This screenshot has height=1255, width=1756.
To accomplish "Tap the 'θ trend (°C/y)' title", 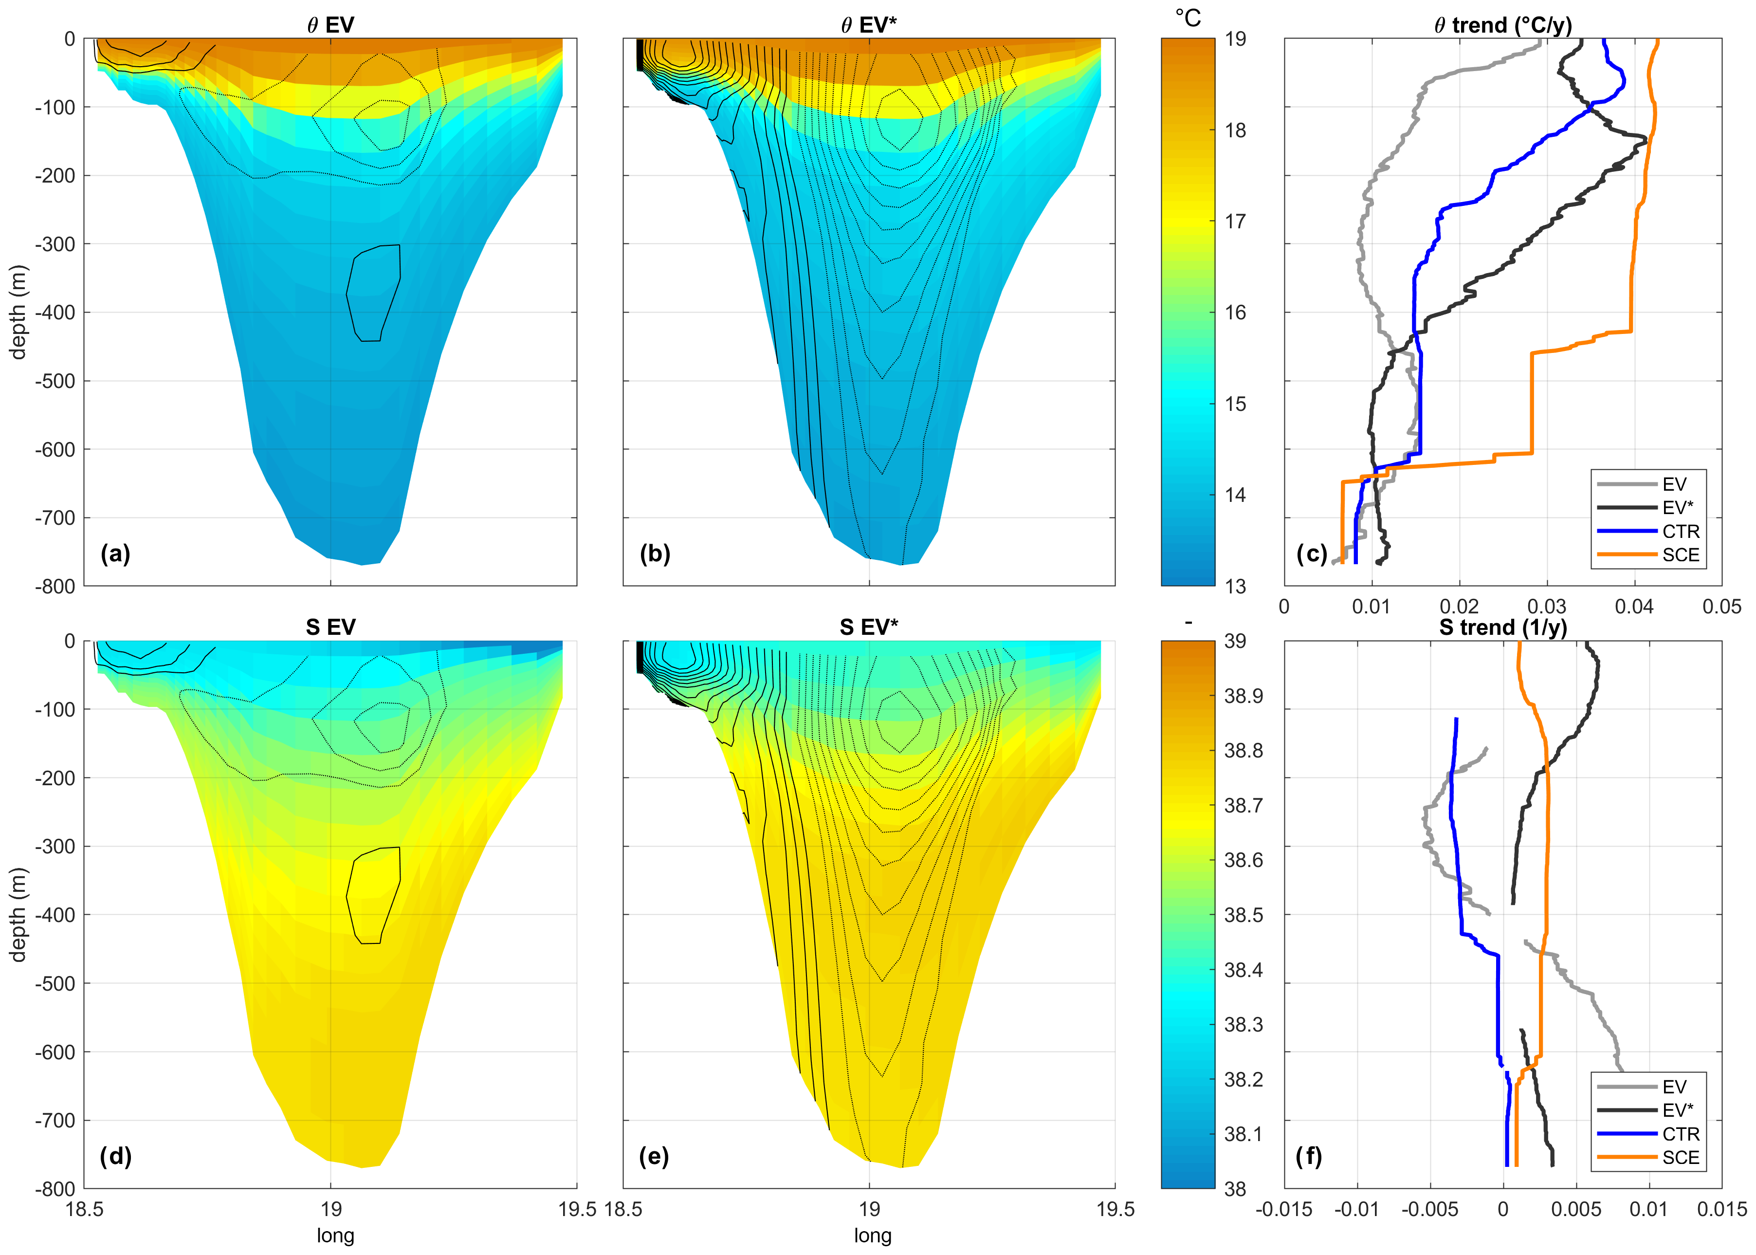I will point(1502,25).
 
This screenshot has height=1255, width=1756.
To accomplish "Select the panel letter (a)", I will point(115,554).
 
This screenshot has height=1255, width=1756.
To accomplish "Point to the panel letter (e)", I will point(654,1156).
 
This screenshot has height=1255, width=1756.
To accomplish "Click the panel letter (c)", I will point(1311,554).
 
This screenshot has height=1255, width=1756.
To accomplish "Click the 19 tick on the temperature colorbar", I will point(1235,39).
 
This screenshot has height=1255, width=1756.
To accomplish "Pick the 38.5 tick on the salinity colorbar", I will point(1243,915).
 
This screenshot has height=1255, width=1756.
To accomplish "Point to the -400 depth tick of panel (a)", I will point(55,313).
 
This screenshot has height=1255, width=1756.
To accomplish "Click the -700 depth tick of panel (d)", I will point(55,1121).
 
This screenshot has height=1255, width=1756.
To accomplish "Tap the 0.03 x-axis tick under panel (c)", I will point(1547,607).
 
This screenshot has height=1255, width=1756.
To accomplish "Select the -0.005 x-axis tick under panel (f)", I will point(1429,1209).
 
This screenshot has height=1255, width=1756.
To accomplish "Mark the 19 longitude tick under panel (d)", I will point(330,1209).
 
